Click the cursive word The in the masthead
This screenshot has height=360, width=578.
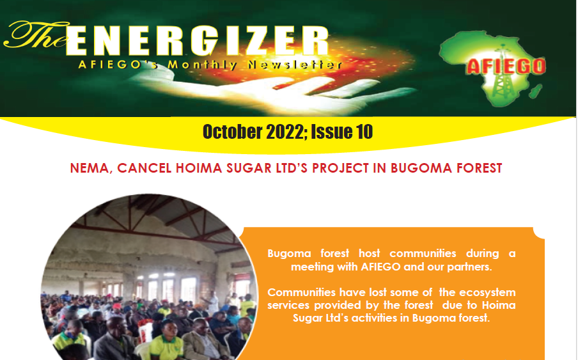pyautogui.click(x=36, y=36)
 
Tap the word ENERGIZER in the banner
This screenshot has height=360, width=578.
pyautogui.click(x=197, y=41)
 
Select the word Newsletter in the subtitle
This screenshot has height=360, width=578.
pyautogui.click(x=295, y=65)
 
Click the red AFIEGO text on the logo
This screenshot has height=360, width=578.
pyautogui.click(x=506, y=67)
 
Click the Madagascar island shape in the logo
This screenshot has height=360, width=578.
pyautogui.click(x=536, y=91)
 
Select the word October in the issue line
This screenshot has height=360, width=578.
pyautogui.click(x=232, y=132)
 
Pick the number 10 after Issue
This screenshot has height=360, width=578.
pyautogui.click(x=364, y=132)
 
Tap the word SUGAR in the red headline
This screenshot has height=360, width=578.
pyautogui.click(x=249, y=168)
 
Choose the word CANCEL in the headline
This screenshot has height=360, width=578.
pyautogui.click(x=144, y=168)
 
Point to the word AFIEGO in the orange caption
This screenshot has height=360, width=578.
pyautogui.click(x=380, y=267)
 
